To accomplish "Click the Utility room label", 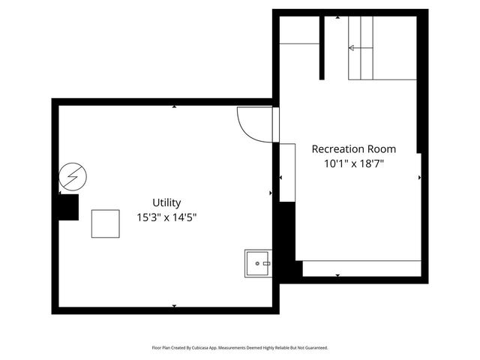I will [166, 202].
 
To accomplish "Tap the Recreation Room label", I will [354, 149].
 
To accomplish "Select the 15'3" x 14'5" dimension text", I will [166, 217].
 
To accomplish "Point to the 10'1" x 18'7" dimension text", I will [354, 163].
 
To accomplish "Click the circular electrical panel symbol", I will [73, 176].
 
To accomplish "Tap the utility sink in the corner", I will [258, 264].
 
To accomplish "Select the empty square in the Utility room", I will [106, 223].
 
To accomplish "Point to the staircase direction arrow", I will [352, 48].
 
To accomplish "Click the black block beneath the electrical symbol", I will [69, 207].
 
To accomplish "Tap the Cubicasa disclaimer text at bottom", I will [240, 348].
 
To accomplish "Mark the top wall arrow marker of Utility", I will [174, 106].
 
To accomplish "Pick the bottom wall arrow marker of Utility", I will [174, 305].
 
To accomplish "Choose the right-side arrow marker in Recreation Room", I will [419, 178].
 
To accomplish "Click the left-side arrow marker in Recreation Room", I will [281, 178].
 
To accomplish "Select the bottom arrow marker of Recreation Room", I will [337, 276].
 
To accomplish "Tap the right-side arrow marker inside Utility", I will [270, 193].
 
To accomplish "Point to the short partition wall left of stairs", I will [322, 46].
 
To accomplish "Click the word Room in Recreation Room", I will [380, 149].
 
